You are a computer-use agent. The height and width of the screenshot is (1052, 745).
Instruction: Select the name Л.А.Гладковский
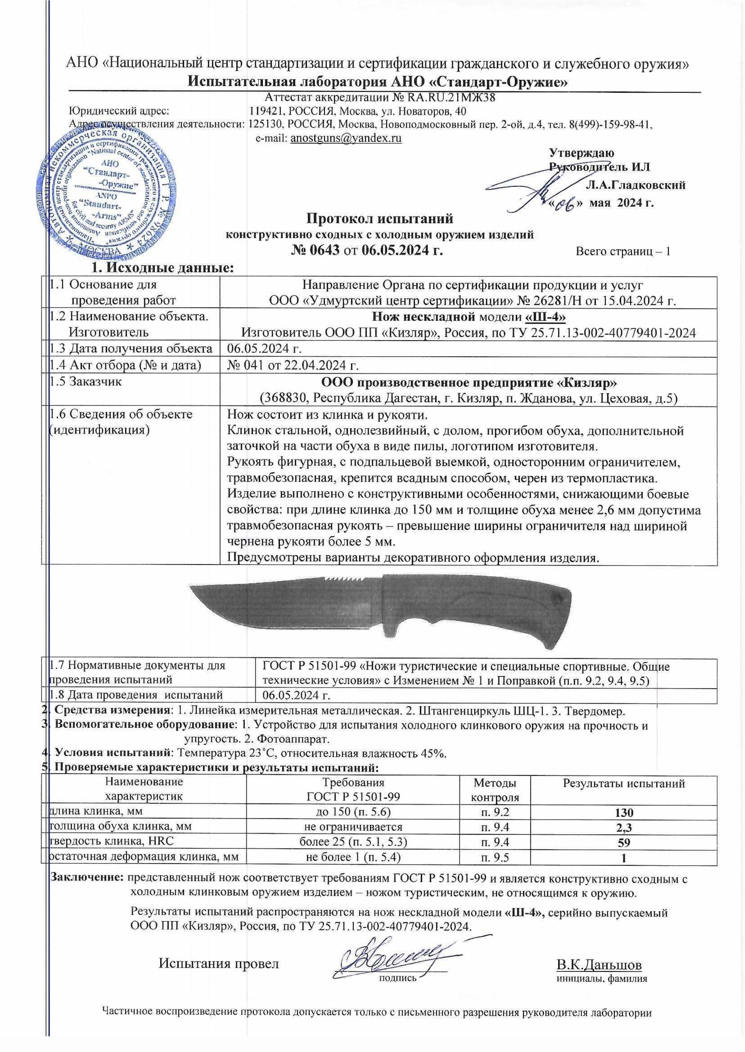click(636, 186)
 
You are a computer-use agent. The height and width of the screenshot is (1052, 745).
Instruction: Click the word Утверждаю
click(582, 153)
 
